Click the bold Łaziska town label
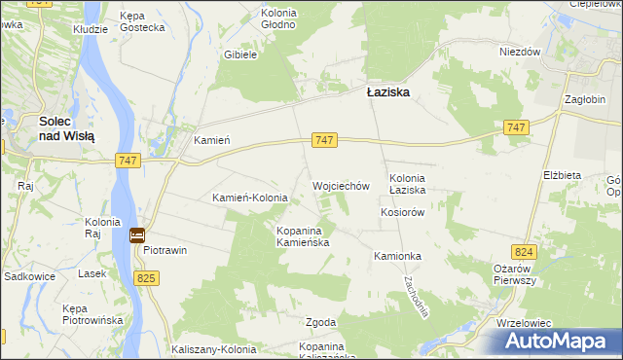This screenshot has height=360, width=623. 387,92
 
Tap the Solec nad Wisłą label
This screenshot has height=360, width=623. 66,129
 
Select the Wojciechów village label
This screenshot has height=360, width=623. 341,186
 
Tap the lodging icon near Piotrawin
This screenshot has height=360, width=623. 137,235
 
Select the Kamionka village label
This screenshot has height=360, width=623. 396,256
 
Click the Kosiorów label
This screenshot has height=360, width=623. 404,212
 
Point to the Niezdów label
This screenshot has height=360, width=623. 520,53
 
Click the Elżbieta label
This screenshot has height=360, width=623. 562,175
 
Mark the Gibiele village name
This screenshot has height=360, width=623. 240,55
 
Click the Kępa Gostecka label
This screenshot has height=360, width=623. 144,22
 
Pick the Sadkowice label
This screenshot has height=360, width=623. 28,276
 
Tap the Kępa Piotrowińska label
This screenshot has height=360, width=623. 90,314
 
